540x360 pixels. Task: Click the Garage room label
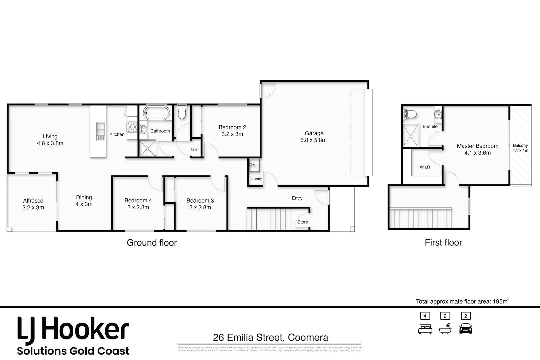[314, 133]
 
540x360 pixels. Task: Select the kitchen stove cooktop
[132, 127]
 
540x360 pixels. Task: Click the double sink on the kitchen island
[100, 131]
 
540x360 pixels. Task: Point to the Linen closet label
[195, 149]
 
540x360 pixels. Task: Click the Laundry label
[256, 179]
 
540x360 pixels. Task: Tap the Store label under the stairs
[303, 222]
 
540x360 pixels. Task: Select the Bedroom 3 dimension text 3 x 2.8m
[200, 207]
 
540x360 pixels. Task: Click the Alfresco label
[33, 201]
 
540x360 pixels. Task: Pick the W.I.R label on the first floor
[425, 167]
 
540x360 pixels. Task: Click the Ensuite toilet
[410, 114]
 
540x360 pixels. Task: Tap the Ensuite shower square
[410, 135]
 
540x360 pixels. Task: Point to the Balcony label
[520, 145]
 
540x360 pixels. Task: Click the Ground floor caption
[152, 243]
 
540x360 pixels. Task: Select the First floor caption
[443, 242]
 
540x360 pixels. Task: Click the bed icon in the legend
[425, 329]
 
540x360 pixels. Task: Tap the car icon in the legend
[466, 329]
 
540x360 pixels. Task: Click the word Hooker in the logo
[85, 330]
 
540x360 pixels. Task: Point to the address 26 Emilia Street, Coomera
[270, 338]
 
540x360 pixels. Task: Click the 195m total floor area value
[500, 301]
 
